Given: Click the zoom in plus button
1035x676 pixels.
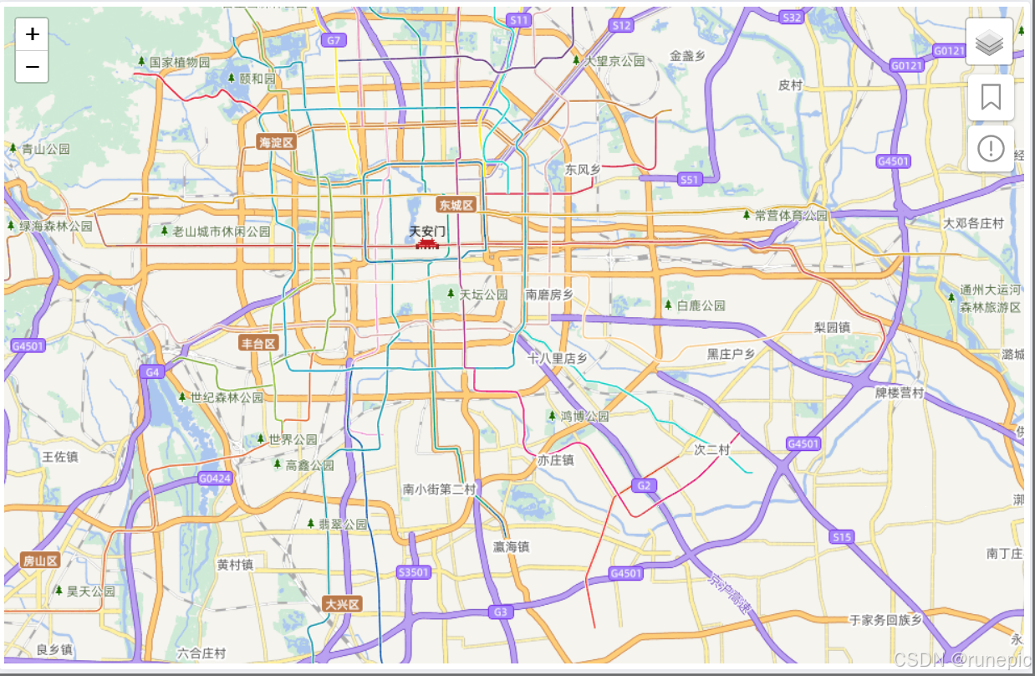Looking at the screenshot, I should coord(32,34).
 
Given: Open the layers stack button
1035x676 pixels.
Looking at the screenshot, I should coord(990,42).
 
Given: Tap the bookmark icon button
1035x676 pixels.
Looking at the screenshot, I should coord(991,97).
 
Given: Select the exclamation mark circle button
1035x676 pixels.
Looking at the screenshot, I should coord(991,149).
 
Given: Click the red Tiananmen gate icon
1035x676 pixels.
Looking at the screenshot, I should coord(427,243).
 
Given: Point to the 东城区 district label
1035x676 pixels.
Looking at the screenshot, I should coord(456,205).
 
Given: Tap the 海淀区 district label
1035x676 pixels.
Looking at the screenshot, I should coord(277,142).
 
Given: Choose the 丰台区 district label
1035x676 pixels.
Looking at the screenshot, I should coord(258,343).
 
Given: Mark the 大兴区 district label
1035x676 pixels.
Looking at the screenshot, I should coord(342,604).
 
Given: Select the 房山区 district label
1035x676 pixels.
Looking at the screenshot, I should coord(40,560).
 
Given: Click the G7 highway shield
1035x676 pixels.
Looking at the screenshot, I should coord(334,40).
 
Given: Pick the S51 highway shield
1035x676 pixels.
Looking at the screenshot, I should coord(689,179).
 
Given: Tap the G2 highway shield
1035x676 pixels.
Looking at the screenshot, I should coord(642,485).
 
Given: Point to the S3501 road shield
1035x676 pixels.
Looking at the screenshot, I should coord(413,572).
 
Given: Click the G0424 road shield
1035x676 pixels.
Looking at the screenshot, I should coord(215,479).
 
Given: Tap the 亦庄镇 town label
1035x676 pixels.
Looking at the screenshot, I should coord(555,460).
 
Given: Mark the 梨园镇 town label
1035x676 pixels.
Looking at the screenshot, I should coord(832,327).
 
